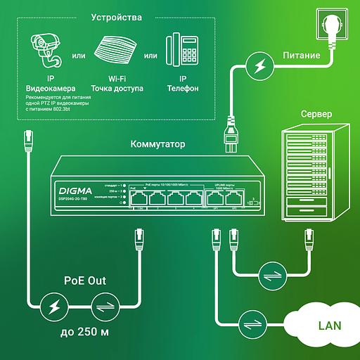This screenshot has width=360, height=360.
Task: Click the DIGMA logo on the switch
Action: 75,188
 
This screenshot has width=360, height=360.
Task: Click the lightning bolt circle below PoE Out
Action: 52,307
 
